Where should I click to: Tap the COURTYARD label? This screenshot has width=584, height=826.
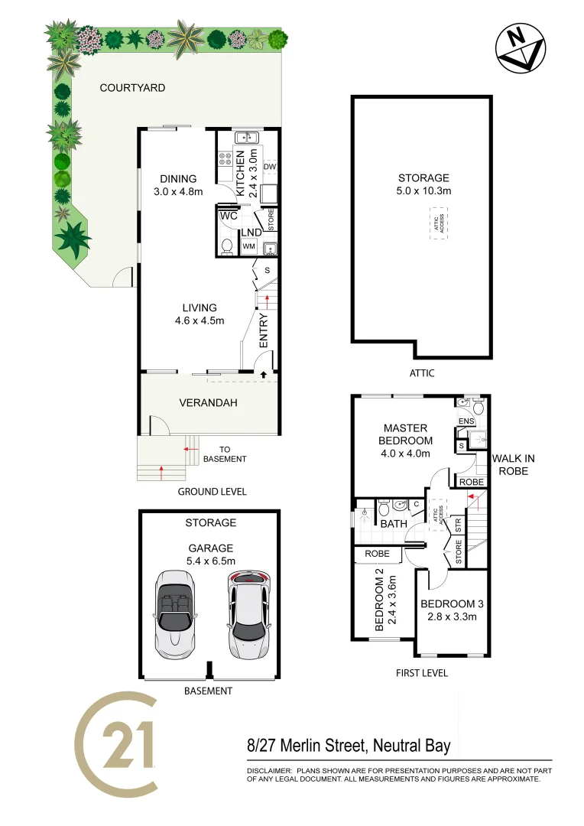pyautogui.click(x=132, y=88)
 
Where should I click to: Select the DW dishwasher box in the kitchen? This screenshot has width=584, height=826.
pyautogui.click(x=269, y=167)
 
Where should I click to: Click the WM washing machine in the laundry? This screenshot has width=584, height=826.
pyautogui.click(x=248, y=246)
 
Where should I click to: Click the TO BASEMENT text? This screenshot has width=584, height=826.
pyautogui.click(x=224, y=454)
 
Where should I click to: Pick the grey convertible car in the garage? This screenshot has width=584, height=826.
pyautogui.click(x=175, y=613)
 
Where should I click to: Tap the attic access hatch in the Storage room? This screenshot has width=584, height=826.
pyautogui.click(x=439, y=224)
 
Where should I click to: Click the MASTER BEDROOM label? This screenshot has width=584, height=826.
pyautogui.click(x=406, y=434)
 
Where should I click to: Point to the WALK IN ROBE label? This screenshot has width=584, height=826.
pyautogui.click(x=510, y=464)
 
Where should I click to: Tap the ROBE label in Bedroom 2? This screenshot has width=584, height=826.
pyautogui.click(x=377, y=554)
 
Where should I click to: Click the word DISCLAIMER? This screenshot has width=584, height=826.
pyautogui.click(x=268, y=771)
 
